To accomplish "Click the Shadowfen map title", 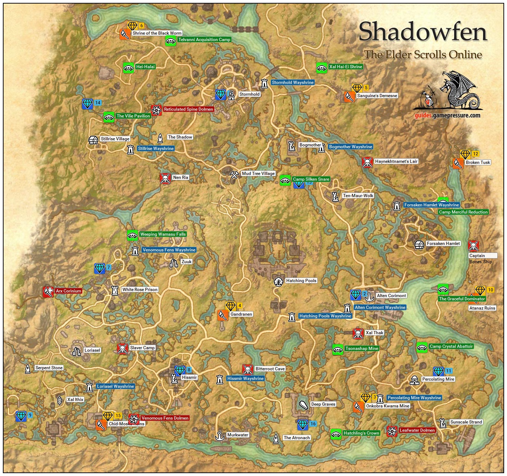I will click(x=423, y=32).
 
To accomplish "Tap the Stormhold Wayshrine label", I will click(x=292, y=82).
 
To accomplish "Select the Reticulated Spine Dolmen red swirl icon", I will click(x=156, y=110).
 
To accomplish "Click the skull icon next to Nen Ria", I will click(x=165, y=178).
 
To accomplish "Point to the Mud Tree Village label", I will click(x=258, y=174).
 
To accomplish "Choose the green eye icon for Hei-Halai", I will click(x=129, y=68).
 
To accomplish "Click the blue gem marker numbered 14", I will click(x=87, y=104).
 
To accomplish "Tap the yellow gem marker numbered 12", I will click(x=465, y=155).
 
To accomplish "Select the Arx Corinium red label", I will click(x=69, y=291).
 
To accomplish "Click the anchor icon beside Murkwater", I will click(x=220, y=436).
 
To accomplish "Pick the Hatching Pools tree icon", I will click(x=278, y=281).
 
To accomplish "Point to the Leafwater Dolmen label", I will click(x=417, y=430).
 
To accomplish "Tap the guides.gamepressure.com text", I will click(x=447, y=115).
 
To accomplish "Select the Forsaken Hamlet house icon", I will click(x=419, y=245).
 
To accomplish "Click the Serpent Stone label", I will click(x=49, y=368).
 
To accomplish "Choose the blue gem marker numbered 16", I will click(x=303, y=425).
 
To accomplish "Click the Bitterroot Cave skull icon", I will click(x=247, y=370).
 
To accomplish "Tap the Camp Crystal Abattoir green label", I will click(x=451, y=346).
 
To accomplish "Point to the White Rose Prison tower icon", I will click(x=115, y=290).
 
